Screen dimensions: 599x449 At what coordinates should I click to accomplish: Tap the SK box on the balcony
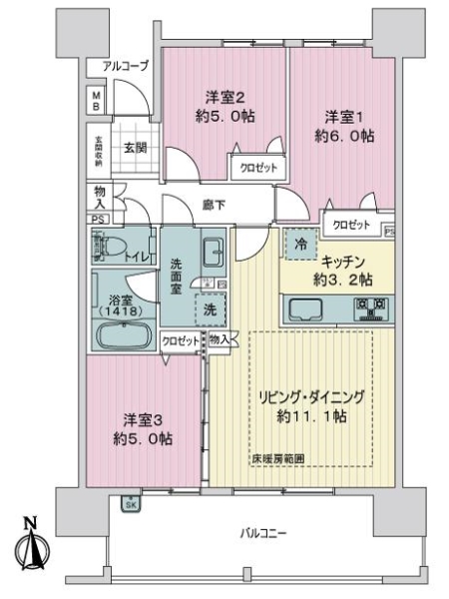coord(131,505)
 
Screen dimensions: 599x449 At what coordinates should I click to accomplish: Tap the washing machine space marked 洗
coord(210,309)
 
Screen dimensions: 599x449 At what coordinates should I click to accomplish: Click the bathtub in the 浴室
coord(120,335)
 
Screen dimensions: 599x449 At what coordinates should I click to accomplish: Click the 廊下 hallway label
coord(212,206)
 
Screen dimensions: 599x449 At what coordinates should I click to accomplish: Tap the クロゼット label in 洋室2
coord(257,169)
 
